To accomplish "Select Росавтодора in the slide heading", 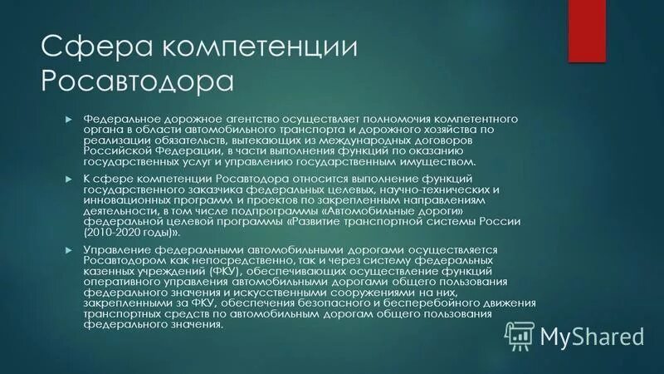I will click(137, 81).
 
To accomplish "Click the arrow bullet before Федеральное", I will click(70, 119).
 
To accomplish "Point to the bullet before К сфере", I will click(70, 179).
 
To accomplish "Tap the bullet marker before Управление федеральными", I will click(70, 250).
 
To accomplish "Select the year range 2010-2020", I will click(116, 233).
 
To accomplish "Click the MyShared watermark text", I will click(591, 336).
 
